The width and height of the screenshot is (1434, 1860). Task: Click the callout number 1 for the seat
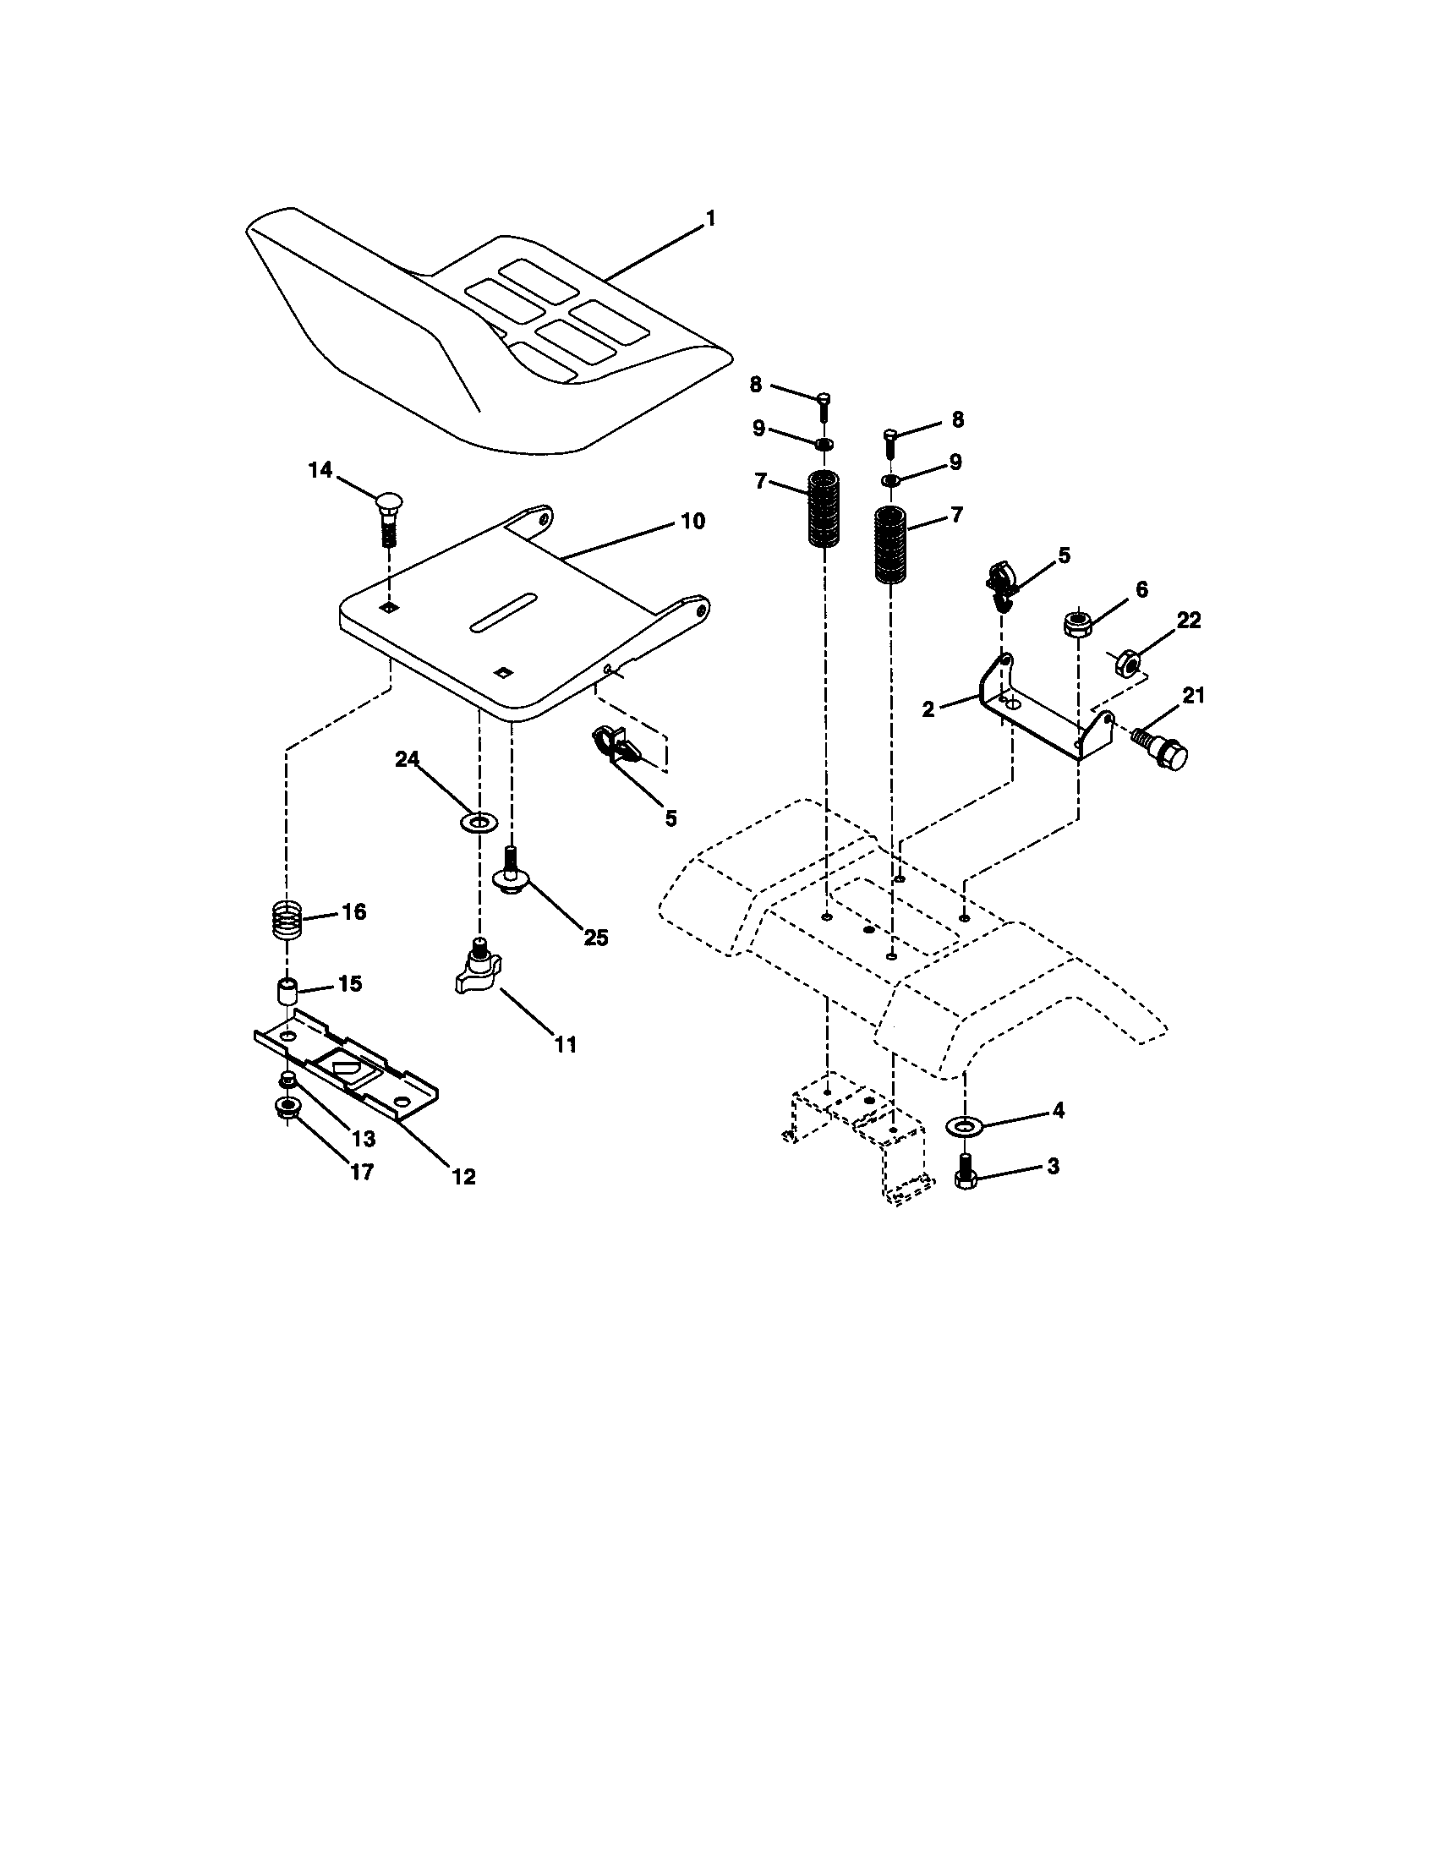tap(709, 219)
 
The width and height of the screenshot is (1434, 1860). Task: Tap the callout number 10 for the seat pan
tap(693, 521)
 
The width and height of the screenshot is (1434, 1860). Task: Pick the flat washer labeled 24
tap(477, 823)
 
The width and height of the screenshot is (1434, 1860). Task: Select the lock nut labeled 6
tap(1078, 622)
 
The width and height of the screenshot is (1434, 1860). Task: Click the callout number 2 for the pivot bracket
tap(928, 708)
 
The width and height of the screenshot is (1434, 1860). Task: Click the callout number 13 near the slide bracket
tap(363, 1139)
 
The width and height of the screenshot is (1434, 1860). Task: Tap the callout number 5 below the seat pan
tap(671, 818)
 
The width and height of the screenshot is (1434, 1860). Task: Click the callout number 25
tap(595, 938)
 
